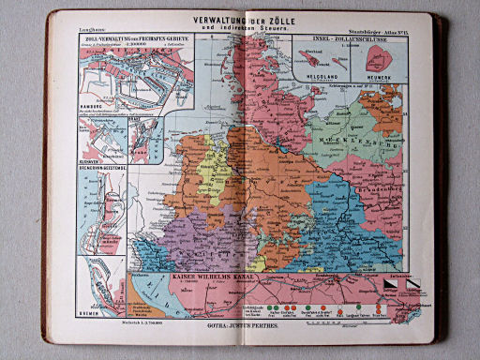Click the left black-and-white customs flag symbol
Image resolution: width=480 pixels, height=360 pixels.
coord(388,279)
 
